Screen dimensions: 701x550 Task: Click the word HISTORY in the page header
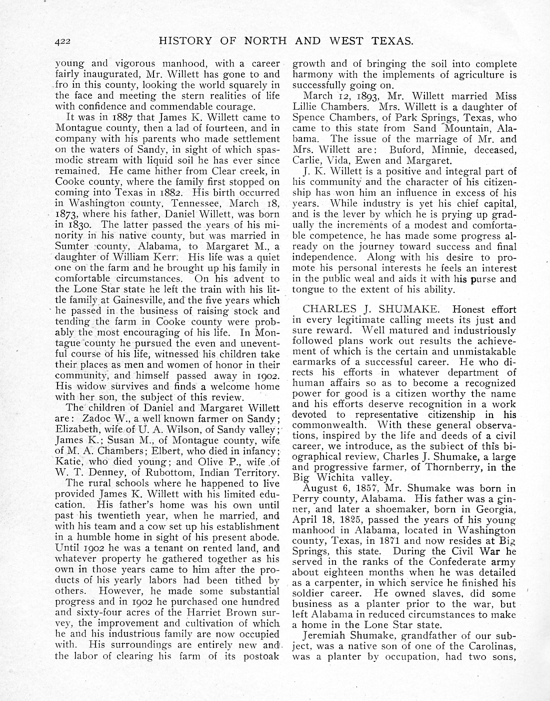(x=184, y=41)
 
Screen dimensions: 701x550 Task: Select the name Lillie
(x=305, y=107)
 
